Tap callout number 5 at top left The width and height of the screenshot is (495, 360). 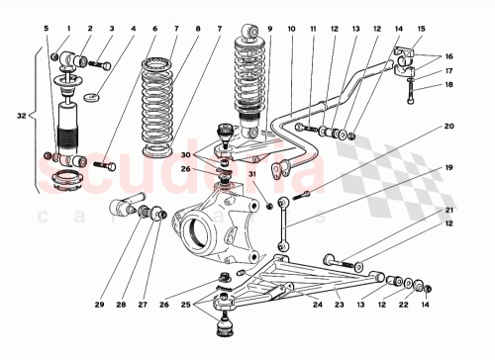click(46, 28)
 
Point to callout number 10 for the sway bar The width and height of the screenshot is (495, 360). click(292, 28)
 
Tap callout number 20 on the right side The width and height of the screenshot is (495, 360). click(447, 127)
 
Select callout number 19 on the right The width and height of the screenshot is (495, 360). click(447, 168)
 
